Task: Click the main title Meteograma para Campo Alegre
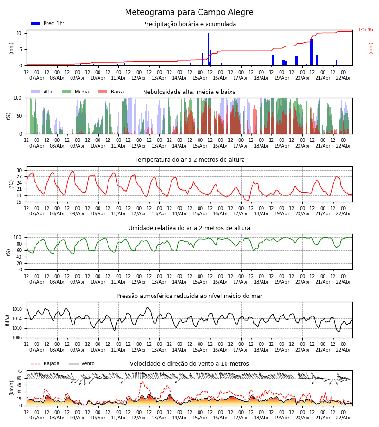coord(189,13)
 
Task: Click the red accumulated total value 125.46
coord(365,30)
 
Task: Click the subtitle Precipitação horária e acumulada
coord(189,24)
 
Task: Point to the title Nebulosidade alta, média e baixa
coord(189,92)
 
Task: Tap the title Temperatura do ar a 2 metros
coord(189,160)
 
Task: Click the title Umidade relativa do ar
coord(189,228)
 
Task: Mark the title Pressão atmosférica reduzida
coord(189,296)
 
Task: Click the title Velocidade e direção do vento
coord(189,364)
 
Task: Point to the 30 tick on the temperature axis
coord(19,170)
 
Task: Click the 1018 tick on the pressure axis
coord(17,309)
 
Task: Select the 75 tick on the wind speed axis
coord(19,371)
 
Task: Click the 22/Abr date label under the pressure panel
coord(343,350)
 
